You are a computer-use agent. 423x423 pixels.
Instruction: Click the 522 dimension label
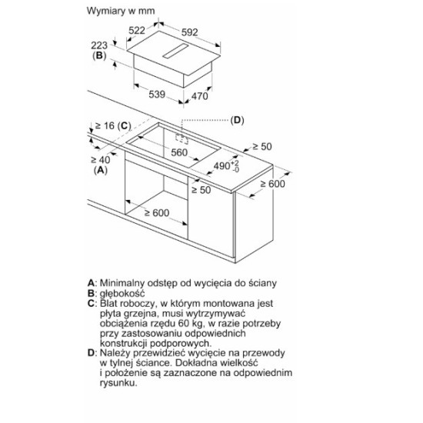click(137, 30)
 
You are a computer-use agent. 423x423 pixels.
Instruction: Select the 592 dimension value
click(190, 32)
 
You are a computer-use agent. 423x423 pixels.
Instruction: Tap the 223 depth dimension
click(99, 45)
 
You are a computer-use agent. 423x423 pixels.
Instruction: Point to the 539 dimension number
click(157, 95)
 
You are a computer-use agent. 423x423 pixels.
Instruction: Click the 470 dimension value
click(200, 96)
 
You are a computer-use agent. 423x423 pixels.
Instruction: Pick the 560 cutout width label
click(179, 153)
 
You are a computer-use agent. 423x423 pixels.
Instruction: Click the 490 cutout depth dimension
click(226, 165)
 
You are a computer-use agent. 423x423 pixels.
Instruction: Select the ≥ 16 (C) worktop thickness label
click(113, 125)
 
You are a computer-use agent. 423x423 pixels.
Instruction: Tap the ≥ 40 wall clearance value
click(100, 160)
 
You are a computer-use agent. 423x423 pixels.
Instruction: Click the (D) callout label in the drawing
click(237, 120)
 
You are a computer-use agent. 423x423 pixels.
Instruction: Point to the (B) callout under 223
click(99, 55)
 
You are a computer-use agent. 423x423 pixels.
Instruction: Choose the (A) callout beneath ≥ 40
click(100, 170)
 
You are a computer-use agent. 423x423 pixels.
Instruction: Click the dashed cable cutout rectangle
click(182, 138)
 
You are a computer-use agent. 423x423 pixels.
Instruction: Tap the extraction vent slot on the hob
click(175, 51)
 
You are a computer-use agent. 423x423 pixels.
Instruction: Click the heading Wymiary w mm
click(121, 11)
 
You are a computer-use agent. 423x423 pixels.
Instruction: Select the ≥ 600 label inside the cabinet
click(157, 213)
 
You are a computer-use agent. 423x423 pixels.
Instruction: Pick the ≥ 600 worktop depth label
click(272, 184)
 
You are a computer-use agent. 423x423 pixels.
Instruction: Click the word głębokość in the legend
click(122, 294)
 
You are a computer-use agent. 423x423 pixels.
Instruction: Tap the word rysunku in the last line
click(118, 383)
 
